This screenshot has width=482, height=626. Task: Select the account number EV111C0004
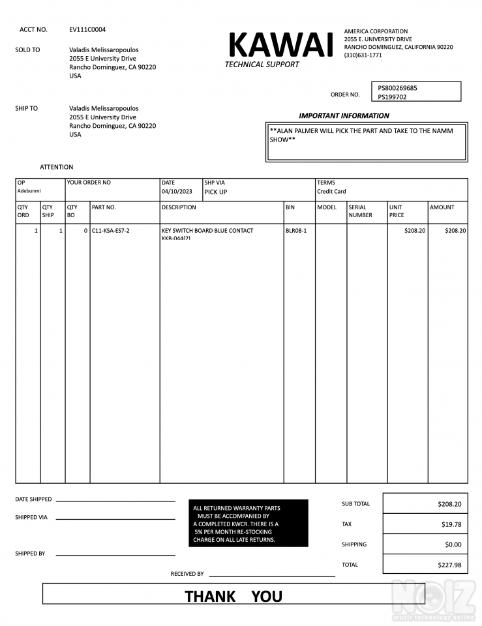(87, 29)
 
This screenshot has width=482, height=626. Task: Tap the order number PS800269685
(398, 88)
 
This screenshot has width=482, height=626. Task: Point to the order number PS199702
(393, 97)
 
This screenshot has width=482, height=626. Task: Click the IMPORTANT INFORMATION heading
(344, 115)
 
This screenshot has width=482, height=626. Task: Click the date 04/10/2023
(177, 192)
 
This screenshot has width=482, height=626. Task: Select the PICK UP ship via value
(216, 192)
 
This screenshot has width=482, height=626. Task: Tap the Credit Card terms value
(331, 192)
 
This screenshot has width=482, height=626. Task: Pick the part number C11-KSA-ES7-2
(111, 231)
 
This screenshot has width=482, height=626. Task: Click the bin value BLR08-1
(296, 231)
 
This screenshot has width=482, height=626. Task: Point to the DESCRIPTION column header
(179, 207)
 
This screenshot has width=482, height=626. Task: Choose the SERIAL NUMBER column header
(360, 211)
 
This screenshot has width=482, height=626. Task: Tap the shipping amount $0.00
(453, 544)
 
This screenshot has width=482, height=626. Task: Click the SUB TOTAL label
(355, 504)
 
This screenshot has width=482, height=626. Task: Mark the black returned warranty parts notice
(248, 524)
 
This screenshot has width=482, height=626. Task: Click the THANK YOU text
(233, 596)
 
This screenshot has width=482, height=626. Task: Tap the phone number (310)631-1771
(363, 55)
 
